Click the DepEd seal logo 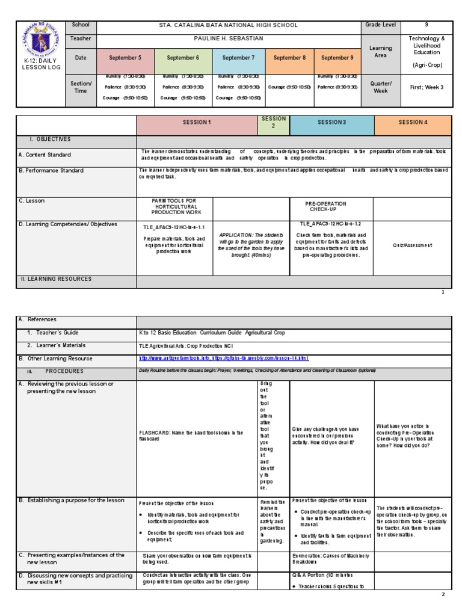tap(40, 40)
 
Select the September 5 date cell tap(125, 58)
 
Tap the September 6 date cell tap(183, 58)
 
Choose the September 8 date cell tap(289, 58)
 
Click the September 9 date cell tap(337, 58)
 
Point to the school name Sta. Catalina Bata tap(228, 25)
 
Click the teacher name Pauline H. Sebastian tap(228, 38)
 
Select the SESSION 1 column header tap(197, 122)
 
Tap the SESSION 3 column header tap(331, 122)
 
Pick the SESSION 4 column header tap(412, 122)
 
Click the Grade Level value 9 tap(427, 25)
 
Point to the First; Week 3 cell tap(427, 87)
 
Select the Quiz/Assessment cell tap(412, 245)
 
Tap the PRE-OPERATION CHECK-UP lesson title tap(331, 206)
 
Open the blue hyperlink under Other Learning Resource tap(223, 358)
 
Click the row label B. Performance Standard tap(51, 171)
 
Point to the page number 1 tap(443, 292)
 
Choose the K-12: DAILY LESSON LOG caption tap(39, 65)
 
